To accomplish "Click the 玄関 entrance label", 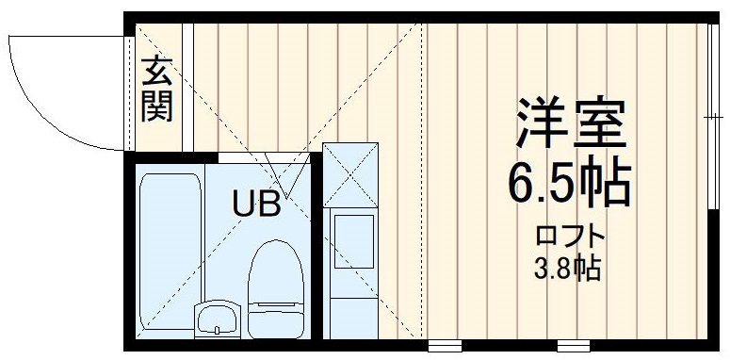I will (x=156, y=90).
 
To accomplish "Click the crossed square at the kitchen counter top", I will (x=349, y=174).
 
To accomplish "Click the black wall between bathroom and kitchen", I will (x=316, y=250).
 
